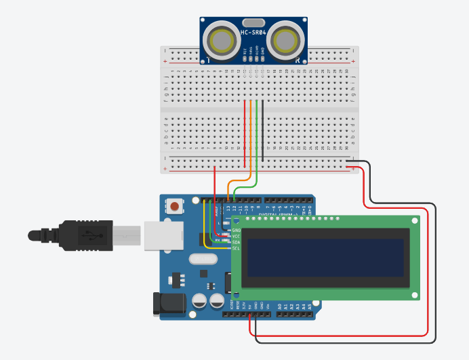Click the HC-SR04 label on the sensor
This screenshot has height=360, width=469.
[254, 33]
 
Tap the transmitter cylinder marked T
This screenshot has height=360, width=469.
[222, 41]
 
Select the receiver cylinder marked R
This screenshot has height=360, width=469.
[285, 41]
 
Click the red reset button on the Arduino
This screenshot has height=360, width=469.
[176, 206]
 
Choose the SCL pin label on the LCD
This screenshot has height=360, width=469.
[237, 248]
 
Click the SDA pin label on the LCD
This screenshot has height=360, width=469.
[237, 242]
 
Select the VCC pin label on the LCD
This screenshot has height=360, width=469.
[237, 236]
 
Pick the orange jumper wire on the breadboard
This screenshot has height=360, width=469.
[251, 136]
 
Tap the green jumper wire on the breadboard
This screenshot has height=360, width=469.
[257, 136]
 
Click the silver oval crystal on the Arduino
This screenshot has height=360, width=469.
[201, 259]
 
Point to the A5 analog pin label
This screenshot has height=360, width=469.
[311, 307]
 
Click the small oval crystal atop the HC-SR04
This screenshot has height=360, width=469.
[253, 23]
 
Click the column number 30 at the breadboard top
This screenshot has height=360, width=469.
[346, 71]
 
